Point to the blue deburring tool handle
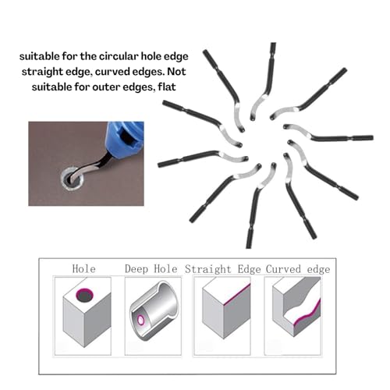(x=126, y=137)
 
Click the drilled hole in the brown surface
(x=72, y=179)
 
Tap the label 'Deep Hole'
(x=151, y=269)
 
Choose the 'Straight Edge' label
(x=223, y=269)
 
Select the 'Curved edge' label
(x=298, y=269)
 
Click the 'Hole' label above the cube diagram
(x=83, y=268)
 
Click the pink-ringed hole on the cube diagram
(x=84, y=295)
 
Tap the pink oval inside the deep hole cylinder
(x=141, y=320)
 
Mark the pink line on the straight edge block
(x=237, y=294)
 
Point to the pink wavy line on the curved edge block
(x=307, y=314)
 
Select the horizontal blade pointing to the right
(x=328, y=135)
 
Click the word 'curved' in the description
(x=112, y=72)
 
